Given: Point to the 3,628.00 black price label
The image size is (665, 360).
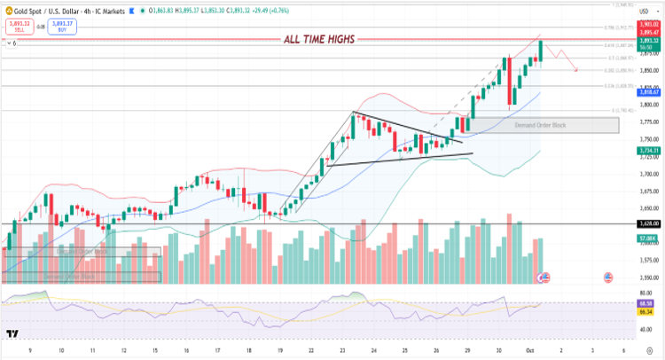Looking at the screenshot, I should point(645,224).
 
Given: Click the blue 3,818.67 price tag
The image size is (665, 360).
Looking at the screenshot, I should point(645,90).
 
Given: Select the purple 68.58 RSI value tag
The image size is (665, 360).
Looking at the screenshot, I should point(645,304).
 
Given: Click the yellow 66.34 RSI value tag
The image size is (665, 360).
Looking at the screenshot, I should point(645,311).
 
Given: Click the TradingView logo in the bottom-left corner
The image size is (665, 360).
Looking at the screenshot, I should point(13,334).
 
